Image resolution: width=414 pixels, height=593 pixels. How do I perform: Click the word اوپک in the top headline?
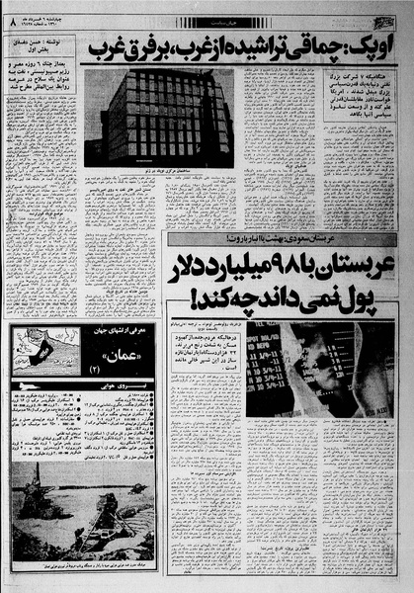pos(367,46)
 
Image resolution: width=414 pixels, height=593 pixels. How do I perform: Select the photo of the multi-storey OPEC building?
pos(158,118)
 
